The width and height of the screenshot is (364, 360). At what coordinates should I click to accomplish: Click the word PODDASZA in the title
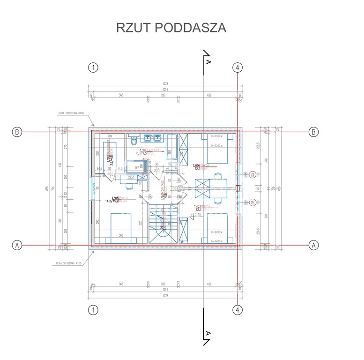(x=190, y=28)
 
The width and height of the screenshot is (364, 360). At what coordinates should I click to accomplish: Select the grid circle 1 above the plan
(x=94, y=67)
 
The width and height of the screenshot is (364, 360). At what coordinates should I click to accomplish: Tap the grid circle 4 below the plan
(x=238, y=310)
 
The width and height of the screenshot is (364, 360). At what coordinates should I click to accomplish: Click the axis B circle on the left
(x=16, y=132)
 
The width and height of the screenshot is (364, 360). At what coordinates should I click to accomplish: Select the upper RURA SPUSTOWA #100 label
(x=71, y=113)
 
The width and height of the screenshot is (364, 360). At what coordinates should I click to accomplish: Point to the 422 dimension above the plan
(x=209, y=95)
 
